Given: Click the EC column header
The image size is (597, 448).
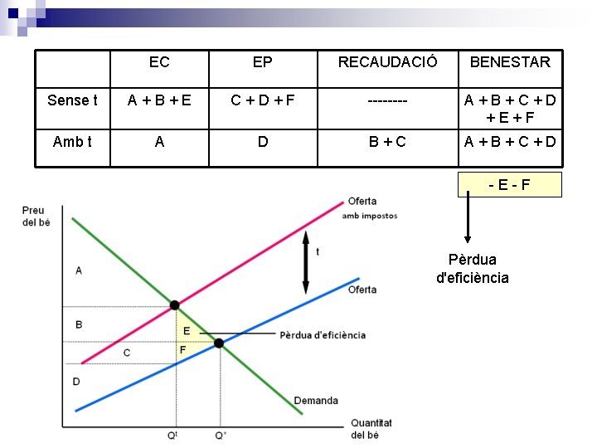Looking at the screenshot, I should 159,62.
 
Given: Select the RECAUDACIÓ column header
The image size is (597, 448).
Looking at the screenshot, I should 388,62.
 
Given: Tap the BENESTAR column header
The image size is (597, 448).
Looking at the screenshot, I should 510,62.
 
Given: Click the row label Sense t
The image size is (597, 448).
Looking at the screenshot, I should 72,100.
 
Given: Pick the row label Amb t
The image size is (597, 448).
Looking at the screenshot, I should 72,142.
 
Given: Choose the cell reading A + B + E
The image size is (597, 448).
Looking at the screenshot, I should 159,100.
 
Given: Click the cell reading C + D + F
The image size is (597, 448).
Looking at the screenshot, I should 263,100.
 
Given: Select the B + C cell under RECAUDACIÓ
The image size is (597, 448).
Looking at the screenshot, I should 388,142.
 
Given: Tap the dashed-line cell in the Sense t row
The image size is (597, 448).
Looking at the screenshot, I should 388,100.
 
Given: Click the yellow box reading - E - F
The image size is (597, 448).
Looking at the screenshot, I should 510,184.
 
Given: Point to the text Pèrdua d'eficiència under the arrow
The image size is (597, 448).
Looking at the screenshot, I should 473,268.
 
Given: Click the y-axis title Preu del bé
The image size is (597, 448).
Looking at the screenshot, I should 34,216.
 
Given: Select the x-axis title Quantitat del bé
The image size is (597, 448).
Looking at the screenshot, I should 371,428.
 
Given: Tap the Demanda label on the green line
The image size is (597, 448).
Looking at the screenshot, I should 316,401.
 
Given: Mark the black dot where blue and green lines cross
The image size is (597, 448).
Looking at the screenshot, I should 220,343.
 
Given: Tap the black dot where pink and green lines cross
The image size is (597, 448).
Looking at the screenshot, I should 175,305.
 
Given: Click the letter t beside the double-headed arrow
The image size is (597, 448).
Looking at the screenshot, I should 318,252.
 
